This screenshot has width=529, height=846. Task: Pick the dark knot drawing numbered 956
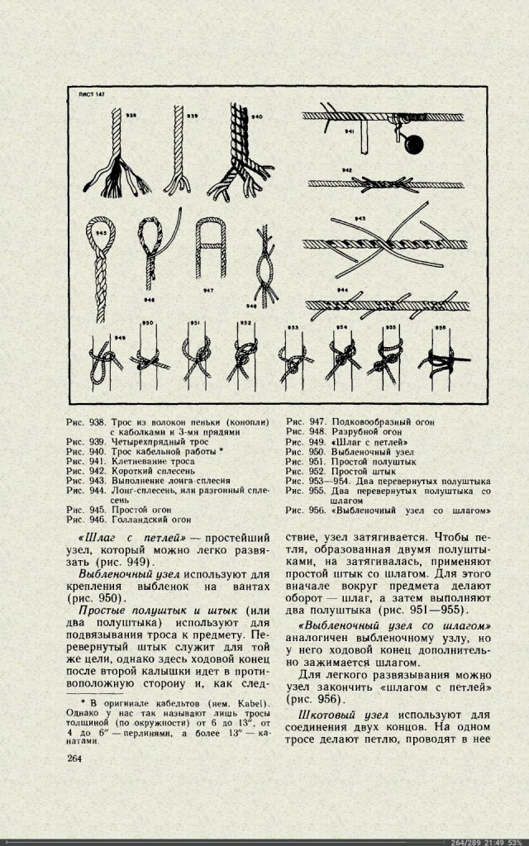click(440, 360)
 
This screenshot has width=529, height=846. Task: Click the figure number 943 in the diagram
click(360, 218)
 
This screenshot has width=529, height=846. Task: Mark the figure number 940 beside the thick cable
click(257, 117)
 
